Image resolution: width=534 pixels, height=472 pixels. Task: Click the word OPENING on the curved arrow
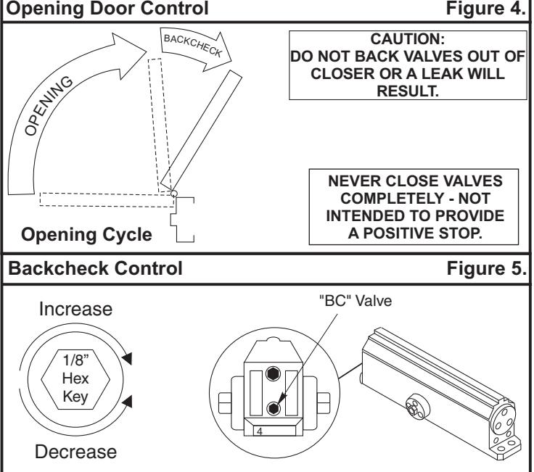49,106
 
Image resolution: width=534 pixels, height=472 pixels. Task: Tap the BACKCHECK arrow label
193,46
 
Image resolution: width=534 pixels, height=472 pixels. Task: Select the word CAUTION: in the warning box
407,39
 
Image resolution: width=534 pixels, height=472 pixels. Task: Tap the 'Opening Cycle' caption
86,235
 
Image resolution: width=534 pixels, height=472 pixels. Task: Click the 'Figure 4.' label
486,9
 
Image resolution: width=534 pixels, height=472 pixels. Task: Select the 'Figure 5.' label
487,268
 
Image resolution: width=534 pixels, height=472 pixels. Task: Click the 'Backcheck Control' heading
95,268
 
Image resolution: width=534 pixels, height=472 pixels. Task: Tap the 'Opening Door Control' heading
107,9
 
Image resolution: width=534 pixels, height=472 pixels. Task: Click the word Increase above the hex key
75,309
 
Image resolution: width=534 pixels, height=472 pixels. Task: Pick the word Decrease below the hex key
75,452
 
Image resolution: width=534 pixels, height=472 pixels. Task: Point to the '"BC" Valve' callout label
356,301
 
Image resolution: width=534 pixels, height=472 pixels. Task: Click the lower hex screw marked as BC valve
273,408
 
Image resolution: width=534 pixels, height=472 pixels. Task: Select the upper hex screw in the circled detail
273,374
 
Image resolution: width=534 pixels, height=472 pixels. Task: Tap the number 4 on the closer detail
260,431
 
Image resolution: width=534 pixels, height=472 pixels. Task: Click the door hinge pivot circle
173,194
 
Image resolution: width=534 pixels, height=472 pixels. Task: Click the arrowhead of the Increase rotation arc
127,358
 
